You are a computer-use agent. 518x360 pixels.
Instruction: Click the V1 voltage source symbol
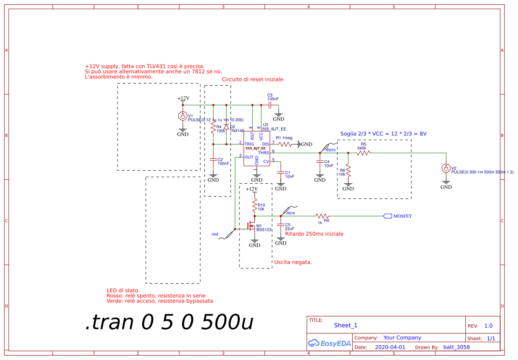183,116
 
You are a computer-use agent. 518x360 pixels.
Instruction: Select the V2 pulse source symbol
446,168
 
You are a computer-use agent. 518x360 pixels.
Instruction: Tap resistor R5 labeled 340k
363,153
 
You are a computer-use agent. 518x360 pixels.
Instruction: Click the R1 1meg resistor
285,144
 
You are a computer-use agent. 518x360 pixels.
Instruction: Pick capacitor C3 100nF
270,105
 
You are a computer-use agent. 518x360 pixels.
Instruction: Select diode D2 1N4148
226,127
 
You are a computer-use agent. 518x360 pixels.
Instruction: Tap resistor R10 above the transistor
255,205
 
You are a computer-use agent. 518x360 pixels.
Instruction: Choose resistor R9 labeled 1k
322,216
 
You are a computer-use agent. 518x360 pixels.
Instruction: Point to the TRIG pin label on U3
249,144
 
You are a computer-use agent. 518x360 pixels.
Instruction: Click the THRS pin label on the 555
263,152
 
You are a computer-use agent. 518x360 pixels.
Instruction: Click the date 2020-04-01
390,347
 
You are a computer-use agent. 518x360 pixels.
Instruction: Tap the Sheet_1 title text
346,325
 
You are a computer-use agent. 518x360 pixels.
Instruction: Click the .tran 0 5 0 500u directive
169,323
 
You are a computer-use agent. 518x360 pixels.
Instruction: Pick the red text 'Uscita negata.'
293,262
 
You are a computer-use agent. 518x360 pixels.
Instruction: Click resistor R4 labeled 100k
213,128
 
